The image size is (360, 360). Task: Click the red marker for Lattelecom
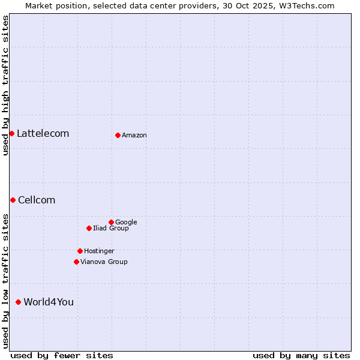point(11,133)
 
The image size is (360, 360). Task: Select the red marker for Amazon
point(118,135)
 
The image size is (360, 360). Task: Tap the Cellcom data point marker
point(13,200)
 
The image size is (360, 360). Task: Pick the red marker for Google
point(111,222)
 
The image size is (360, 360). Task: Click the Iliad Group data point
point(89,228)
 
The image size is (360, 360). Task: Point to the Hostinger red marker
point(80,251)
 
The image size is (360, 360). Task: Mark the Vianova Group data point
point(76,262)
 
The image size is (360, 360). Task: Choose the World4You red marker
point(18,302)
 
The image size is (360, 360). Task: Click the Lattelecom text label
point(43,133)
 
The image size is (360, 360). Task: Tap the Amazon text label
point(134,135)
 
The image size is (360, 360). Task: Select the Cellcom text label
point(37,200)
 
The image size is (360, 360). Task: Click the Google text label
point(126,222)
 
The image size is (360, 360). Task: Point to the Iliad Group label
point(111,228)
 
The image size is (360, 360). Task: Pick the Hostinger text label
point(99,251)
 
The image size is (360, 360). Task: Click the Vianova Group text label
point(104,262)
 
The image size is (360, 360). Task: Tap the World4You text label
point(49,302)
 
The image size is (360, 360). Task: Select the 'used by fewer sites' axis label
point(62,355)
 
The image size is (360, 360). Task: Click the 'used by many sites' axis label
point(301,355)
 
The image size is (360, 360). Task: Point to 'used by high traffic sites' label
point(5,85)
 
